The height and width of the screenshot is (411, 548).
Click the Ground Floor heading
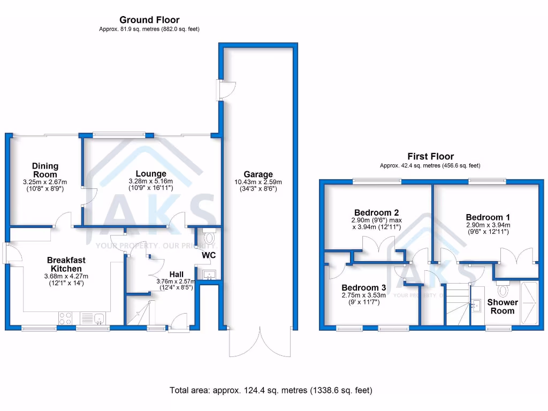tap(149, 20)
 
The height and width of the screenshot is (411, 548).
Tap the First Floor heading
tap(430, 157)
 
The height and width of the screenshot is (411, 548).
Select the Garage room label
tap(258, 174)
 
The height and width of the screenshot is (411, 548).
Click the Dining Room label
tap(45, 170)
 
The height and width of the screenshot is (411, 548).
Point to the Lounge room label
tap(151, 173)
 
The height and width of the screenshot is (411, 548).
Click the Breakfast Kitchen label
tap(66, 264)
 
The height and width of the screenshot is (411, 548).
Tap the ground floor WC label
tap(209, 255)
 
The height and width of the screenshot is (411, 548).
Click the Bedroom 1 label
tap(488, 217)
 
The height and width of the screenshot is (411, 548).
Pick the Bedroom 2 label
tap(376, 212)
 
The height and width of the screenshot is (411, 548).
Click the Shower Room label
tap(502, 306)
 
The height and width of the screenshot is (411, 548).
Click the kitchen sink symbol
tap(98, 319)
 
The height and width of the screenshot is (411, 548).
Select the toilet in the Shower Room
tap(503, 290)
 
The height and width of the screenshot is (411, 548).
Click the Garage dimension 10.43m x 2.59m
tap(258, 182)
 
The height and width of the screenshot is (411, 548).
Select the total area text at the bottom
tap(270, 390)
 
